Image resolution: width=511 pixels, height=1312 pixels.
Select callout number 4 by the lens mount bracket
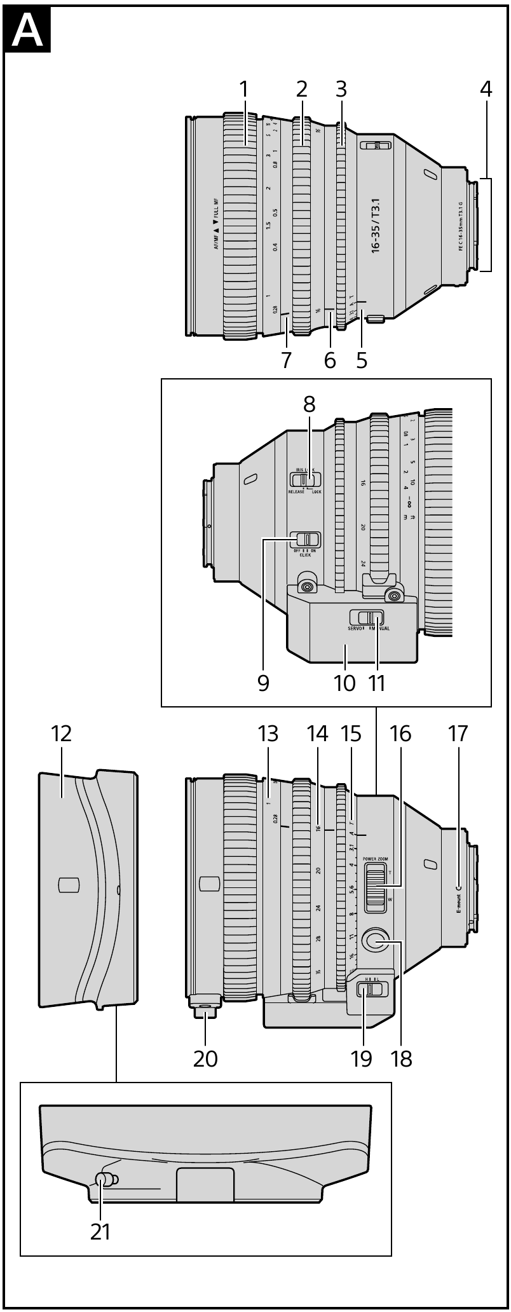(x=486, y=90)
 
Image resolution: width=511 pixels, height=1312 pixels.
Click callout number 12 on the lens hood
(x=62, y=734)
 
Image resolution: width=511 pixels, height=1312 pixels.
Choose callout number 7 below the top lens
(x=286, y=360)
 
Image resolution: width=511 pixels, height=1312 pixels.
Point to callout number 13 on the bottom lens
(x=268, y=734)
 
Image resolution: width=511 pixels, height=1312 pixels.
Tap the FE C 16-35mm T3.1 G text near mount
(x=461, y=226)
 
